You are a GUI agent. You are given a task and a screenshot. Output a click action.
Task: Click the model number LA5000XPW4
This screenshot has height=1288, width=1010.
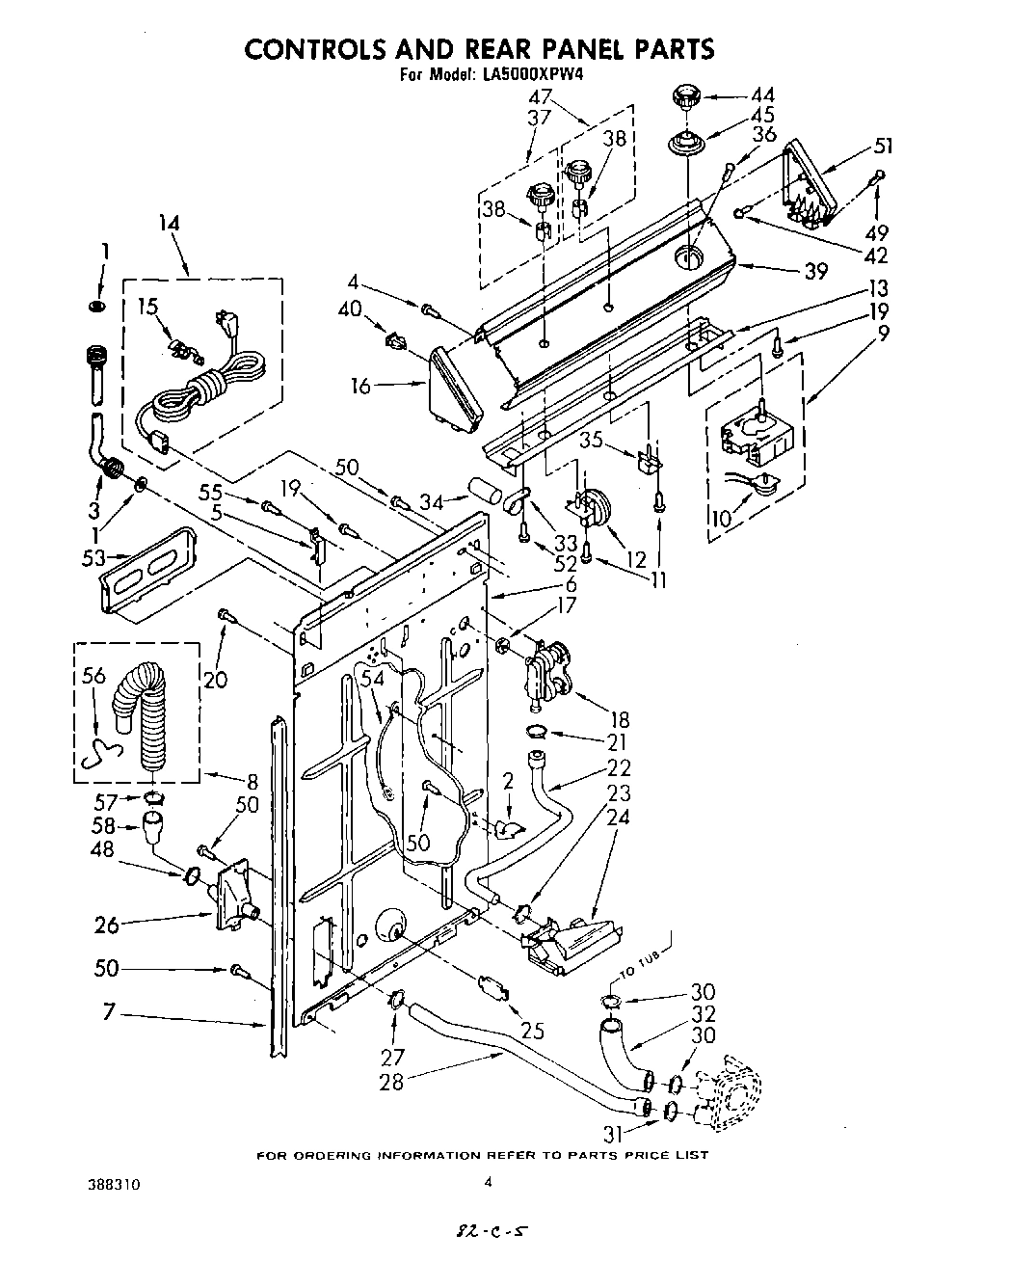pyautogui.click(x=533, y=73)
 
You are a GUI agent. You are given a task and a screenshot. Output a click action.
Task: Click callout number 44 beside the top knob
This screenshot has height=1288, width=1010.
pyautogui.click(x=761, y=95)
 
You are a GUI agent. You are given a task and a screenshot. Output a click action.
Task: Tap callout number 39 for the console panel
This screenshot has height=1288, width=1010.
pyautogui.click(x=814, y=271)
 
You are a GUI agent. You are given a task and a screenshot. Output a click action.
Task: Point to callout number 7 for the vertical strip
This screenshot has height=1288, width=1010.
pyautogui.click(x=108, y=1011)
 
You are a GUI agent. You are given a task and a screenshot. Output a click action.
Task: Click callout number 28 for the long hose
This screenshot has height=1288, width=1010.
pyautogui.click(x=391, y=1082)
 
